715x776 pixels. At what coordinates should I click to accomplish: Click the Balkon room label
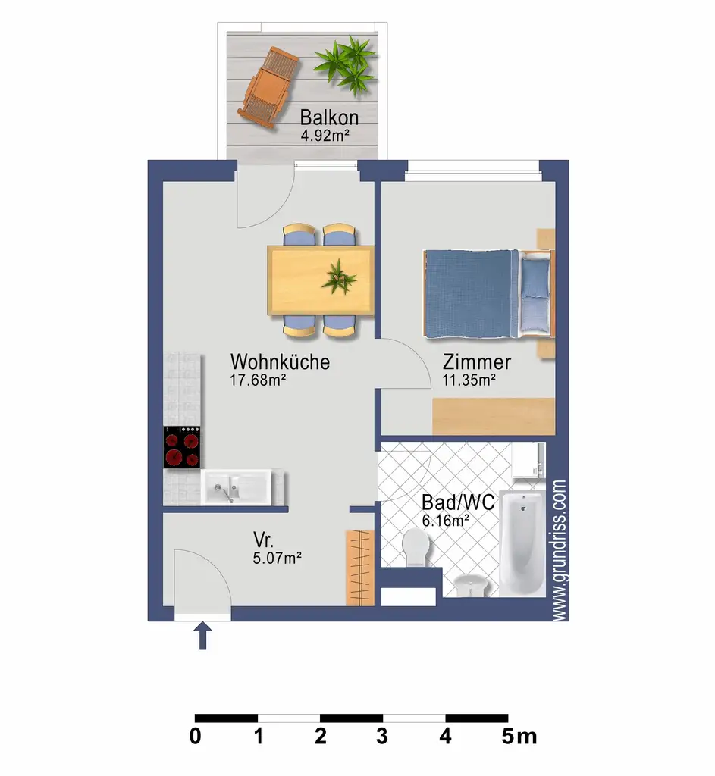328,118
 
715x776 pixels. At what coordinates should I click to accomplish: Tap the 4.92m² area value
328,137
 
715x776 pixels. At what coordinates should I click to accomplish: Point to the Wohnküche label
280,361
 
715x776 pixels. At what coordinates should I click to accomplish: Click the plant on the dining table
338,277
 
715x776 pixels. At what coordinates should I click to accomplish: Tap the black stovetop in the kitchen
183,447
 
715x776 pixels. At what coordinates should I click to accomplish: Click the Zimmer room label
477,362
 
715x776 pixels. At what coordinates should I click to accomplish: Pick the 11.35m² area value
469,381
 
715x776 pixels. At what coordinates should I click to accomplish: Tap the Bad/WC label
458,502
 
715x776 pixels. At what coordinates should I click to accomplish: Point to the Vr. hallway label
264,541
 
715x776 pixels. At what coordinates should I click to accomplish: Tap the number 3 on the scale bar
382,736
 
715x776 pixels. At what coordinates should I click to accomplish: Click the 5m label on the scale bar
519,736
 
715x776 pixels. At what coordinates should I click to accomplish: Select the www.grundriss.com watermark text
560,549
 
